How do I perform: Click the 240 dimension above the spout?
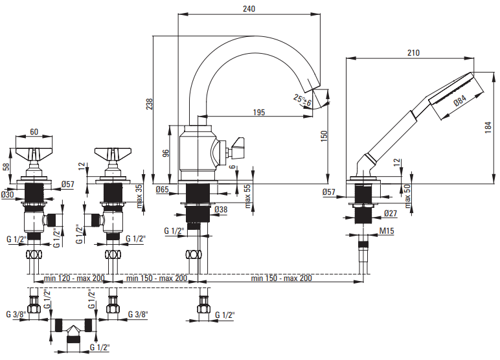pyautogui.click(x=249, y=8)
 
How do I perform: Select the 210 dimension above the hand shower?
pyautogui.click(x=413, y=52)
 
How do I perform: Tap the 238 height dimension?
pyautogui.click(x=149, y=104)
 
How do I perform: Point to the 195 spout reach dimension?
pyautogui.click(x=259, y=112)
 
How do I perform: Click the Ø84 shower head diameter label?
pyautogui.click(x=460, y=100)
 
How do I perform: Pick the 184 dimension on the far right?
pyautogui.click(x=488, y=127)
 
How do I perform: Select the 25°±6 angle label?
pyautogui.click(x=302, y=100)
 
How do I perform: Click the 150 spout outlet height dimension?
pyautogui.click(x=324, y=136)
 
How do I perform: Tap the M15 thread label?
pyautogui.click(x=387, y=231)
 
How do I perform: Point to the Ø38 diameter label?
pyautogui.click(x=221, y=209)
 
